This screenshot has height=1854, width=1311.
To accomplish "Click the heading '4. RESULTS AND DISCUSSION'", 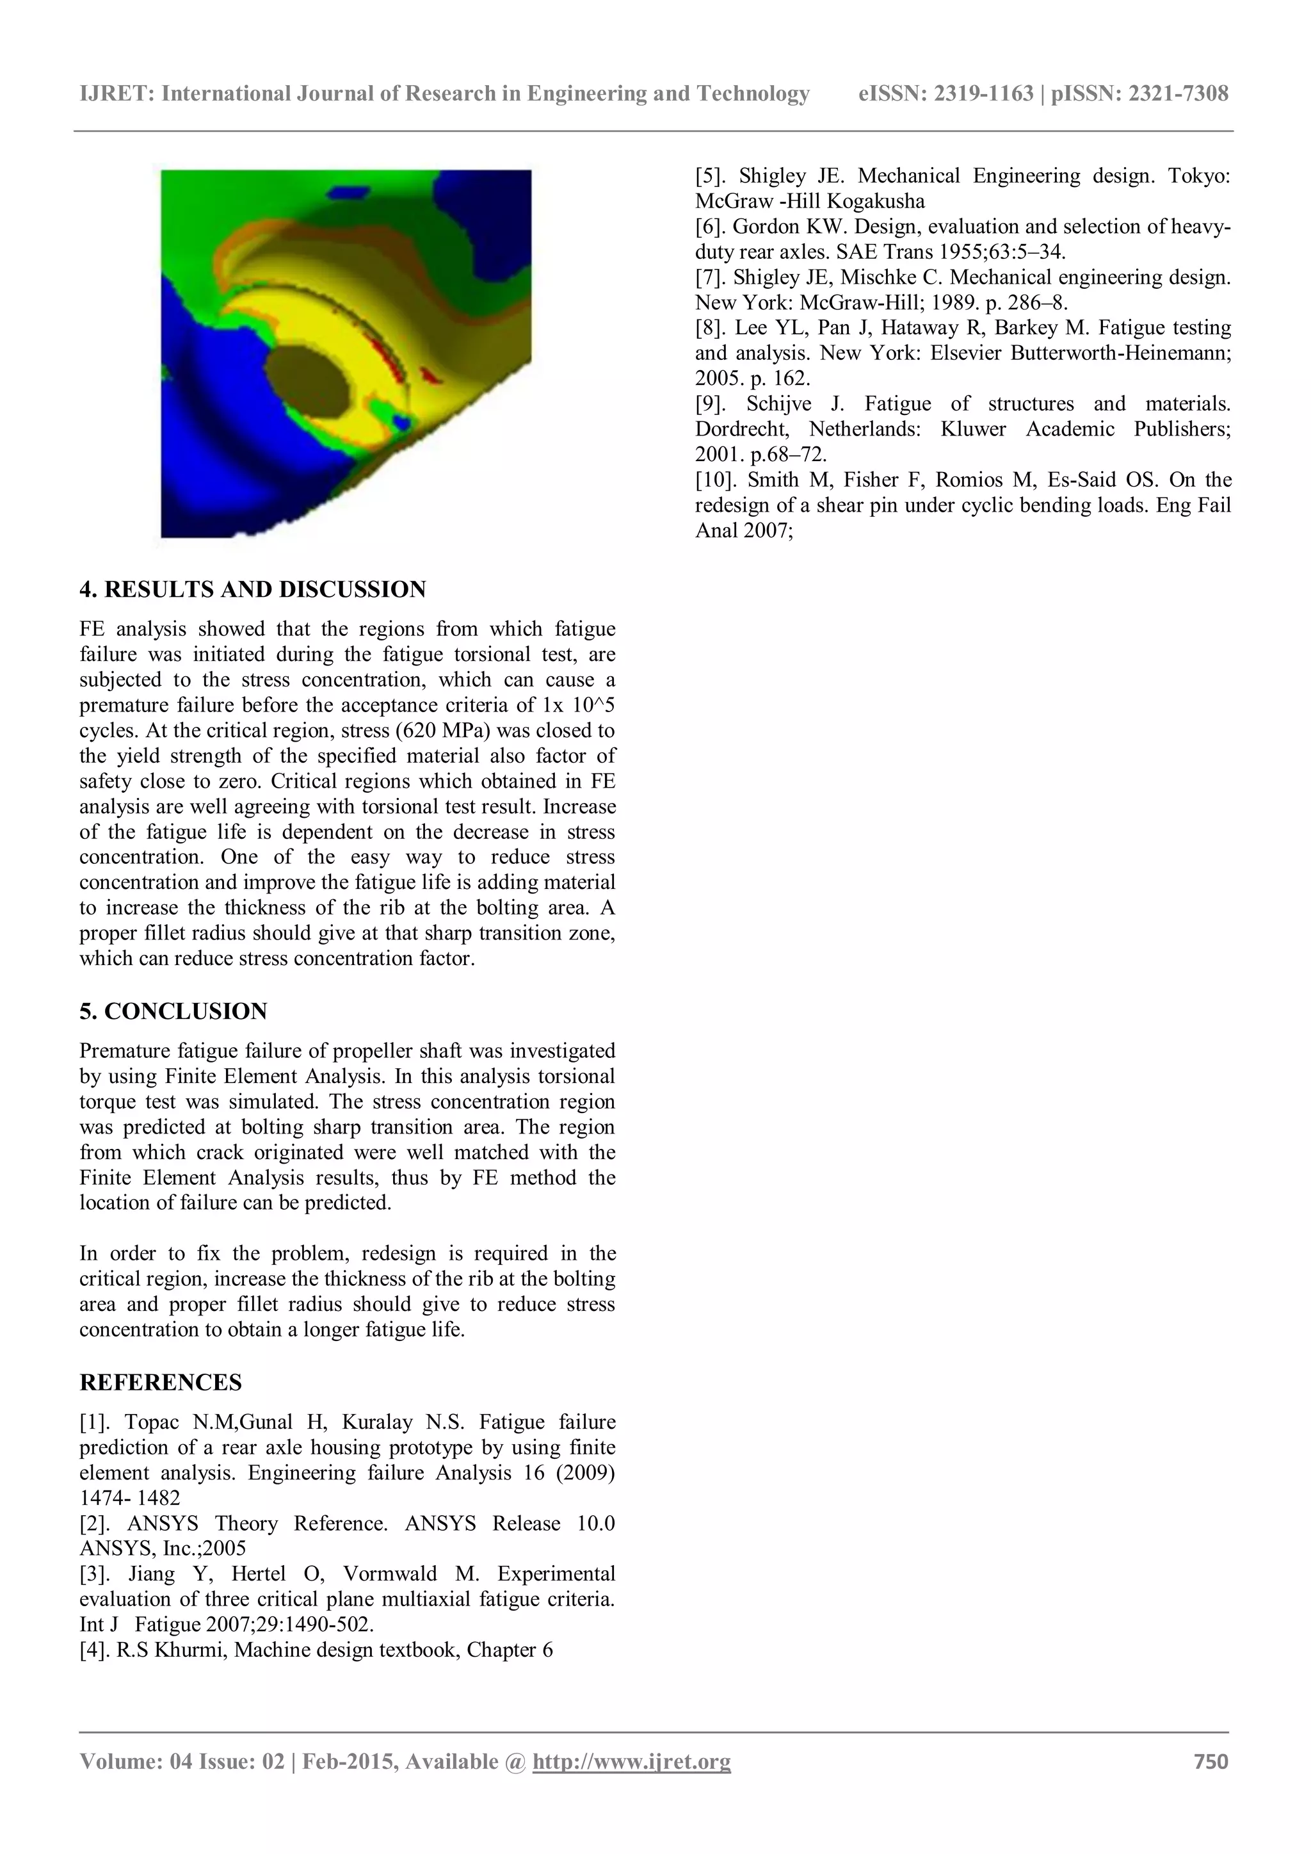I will click(253, 589).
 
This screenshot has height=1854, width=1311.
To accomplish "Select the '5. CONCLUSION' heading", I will click(173, 1012).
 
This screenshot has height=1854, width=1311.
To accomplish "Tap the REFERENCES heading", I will click(161, 1383).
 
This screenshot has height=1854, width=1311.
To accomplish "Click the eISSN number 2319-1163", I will click(983, 94).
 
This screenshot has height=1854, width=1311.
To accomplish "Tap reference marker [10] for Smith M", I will click(714, 480).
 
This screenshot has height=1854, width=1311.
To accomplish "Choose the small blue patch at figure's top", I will click(349, 192).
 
